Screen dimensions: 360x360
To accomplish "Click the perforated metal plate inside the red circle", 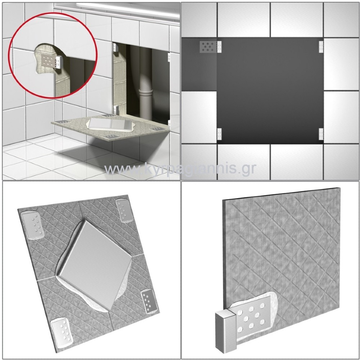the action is coord(49,60).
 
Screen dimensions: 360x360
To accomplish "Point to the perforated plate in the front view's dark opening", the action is coord(208,46).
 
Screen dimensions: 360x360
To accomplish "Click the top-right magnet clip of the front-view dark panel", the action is coord(321,46).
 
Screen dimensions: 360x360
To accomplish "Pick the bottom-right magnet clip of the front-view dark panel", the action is coord(321,134).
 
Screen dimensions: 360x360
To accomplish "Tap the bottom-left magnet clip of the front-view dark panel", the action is coord(219,134).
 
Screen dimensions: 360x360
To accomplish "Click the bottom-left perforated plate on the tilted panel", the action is coord(62,332).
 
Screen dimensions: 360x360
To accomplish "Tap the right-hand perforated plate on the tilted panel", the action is coord(149,301).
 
